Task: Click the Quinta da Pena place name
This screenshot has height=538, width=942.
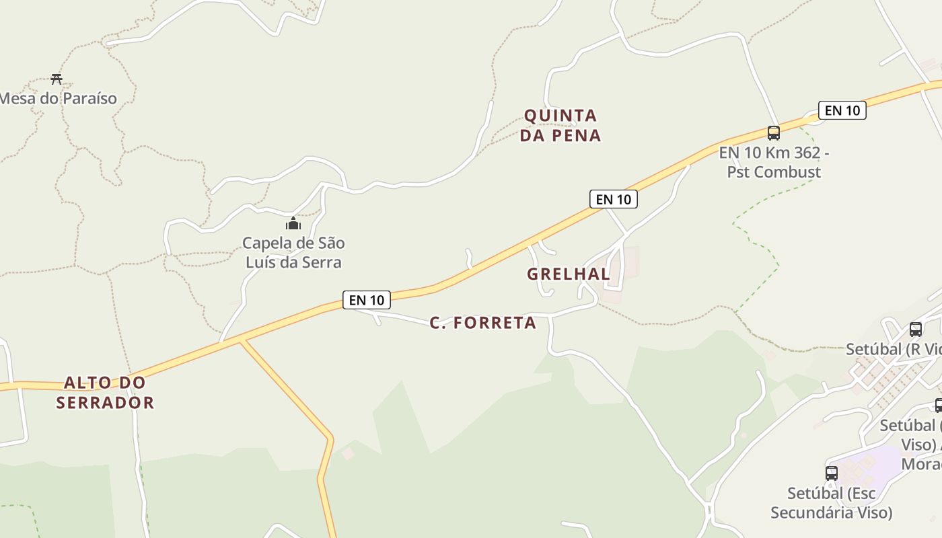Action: point(560,126)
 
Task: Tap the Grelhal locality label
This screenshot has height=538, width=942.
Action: point(569,274)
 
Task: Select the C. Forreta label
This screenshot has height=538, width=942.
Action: point(483,323)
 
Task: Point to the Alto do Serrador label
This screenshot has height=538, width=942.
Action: point(105,393)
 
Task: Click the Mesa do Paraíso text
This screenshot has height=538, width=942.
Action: point(58,99)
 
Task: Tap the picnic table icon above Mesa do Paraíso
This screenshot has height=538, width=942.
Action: point(57,79)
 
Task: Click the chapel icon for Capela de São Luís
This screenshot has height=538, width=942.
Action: point(293,223)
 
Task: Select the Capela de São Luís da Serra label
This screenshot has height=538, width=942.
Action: point(293,253)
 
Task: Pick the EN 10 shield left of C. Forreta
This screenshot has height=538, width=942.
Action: point(367,300)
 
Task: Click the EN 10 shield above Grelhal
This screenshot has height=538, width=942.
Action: point(614,199)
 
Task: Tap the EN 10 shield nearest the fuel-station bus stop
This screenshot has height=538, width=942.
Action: point(842,110)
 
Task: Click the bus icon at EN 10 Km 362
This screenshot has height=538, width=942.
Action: point(774,133)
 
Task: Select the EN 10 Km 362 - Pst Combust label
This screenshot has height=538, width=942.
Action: point(774,162)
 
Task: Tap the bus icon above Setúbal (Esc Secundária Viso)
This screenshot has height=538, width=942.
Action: point(832,473)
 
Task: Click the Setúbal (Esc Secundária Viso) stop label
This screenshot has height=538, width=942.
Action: point(832,503)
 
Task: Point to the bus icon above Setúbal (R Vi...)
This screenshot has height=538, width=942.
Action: point(916,330)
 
